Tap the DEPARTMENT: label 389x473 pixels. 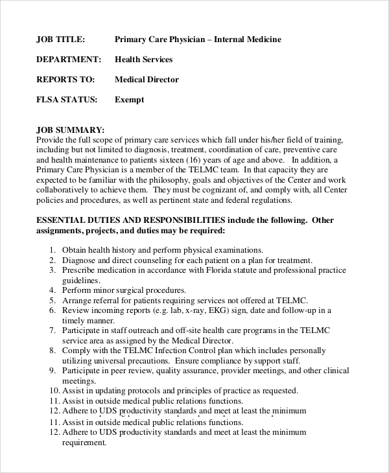(69, 60)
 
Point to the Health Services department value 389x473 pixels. (144, 60)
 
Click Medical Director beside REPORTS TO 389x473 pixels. (147, 80)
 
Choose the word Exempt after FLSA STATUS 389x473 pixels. (129, 100)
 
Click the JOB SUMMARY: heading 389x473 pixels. (71, 130)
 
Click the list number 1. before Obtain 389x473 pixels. (53, 250)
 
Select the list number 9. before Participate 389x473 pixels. (53, 371)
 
